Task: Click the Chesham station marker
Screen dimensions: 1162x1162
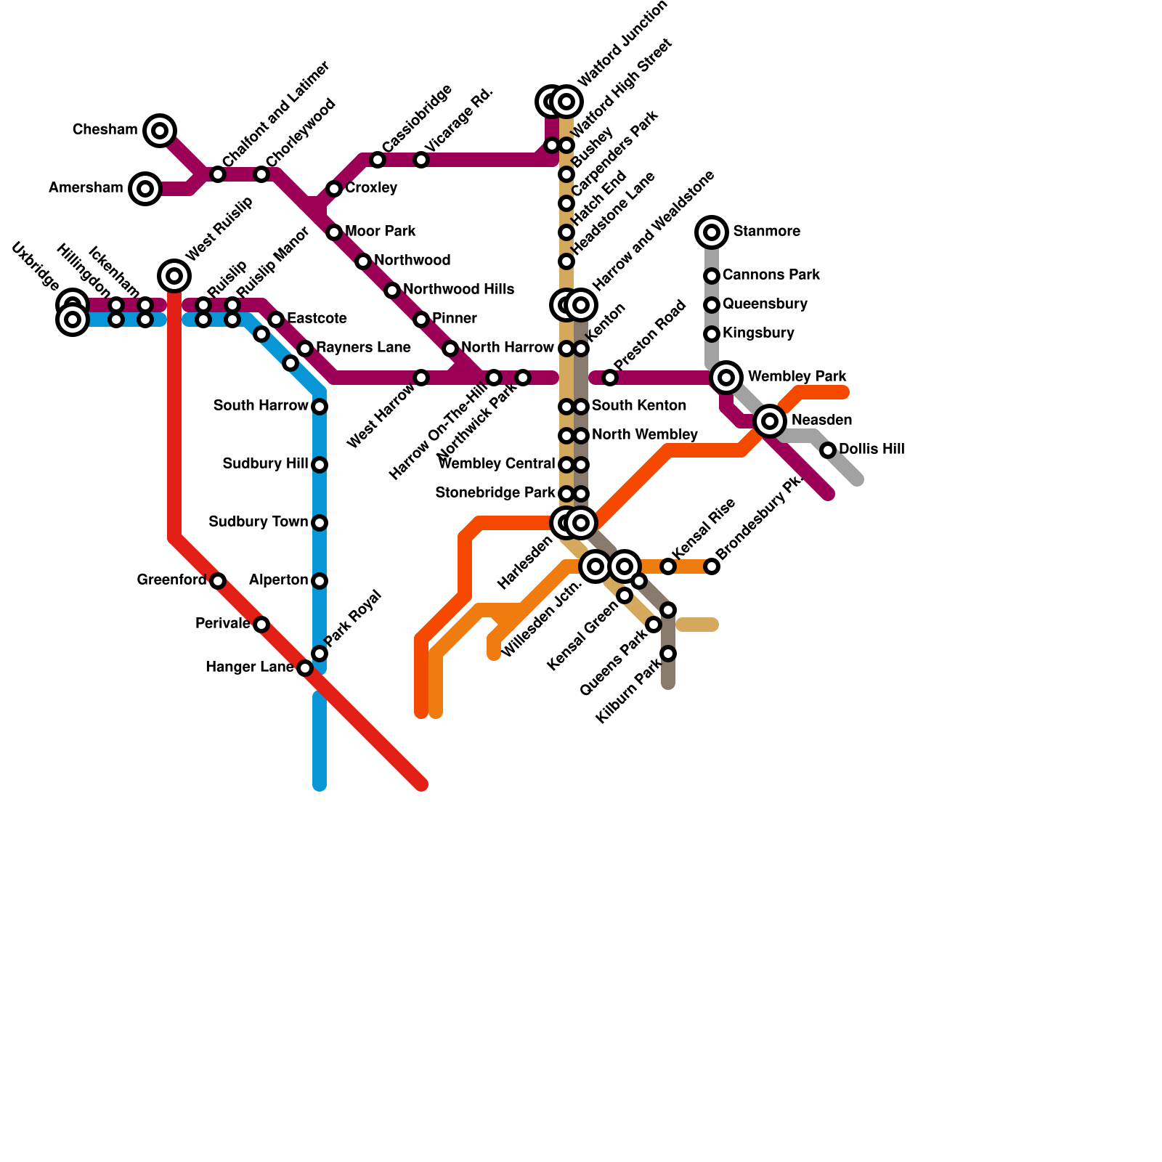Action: coord(160,131)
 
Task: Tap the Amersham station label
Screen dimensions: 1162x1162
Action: coord(86,188)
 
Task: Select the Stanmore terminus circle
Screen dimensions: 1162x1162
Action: coord(712,232)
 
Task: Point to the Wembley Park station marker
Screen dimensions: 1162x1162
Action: coord(726,378)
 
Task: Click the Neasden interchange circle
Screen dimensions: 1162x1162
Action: coord(770,421)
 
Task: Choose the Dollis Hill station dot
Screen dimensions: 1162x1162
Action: coord(828,450)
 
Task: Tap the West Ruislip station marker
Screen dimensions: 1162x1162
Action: coord(174,276)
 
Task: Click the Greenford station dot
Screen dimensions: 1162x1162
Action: coord(218,581)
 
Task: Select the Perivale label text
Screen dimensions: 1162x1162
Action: coord(222,624)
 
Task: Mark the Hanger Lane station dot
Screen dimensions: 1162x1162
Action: coord(305,668)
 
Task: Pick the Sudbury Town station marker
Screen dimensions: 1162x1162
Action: coord(320,523)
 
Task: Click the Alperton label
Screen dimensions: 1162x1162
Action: coord(278,580)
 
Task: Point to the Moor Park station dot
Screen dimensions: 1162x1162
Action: coord(334,232)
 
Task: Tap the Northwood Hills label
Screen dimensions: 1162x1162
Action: coord(458,290)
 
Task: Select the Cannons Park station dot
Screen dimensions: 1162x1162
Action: coord(712,276)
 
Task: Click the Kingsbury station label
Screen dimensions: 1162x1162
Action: coord(758,333)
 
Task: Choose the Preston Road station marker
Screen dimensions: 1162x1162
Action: coord(610,378)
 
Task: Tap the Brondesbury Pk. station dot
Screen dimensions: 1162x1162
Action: coord(712,566)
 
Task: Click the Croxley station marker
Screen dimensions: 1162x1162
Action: coord(334,189)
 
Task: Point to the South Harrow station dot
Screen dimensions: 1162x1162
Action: coord(320,407)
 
